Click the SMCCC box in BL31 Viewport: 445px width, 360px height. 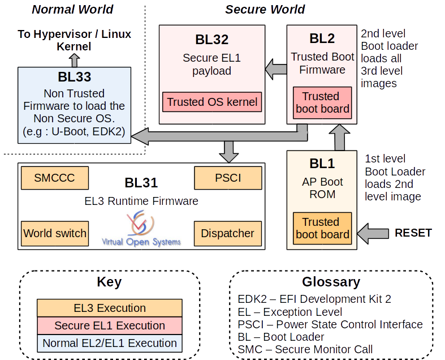click(55, 178)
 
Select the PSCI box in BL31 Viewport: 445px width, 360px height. click(228, 178)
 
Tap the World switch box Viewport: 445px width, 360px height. click(55, 233)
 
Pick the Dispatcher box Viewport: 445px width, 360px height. click(228, 233)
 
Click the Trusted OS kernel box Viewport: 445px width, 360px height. click(212, 102)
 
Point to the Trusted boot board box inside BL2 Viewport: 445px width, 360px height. click(322, 102)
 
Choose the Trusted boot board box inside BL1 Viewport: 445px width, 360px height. click(322, 228)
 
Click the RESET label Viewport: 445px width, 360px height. click(413, 233)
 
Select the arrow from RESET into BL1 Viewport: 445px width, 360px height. click(374, 233)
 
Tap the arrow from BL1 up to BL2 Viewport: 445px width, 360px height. click(340, 138)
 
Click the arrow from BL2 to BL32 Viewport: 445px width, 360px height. click(276, 70)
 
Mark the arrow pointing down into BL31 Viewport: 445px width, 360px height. click(229, 151)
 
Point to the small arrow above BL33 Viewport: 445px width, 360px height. click(75, 60)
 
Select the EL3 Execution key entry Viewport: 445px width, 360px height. click(110, 308)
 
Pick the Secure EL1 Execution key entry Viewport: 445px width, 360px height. click(110, 325)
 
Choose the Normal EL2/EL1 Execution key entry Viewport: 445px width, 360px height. click(110, 343)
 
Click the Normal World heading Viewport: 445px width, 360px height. click(72, 9)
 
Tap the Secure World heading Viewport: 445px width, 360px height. click(265, 9)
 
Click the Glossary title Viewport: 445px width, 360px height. click(331, 281)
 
